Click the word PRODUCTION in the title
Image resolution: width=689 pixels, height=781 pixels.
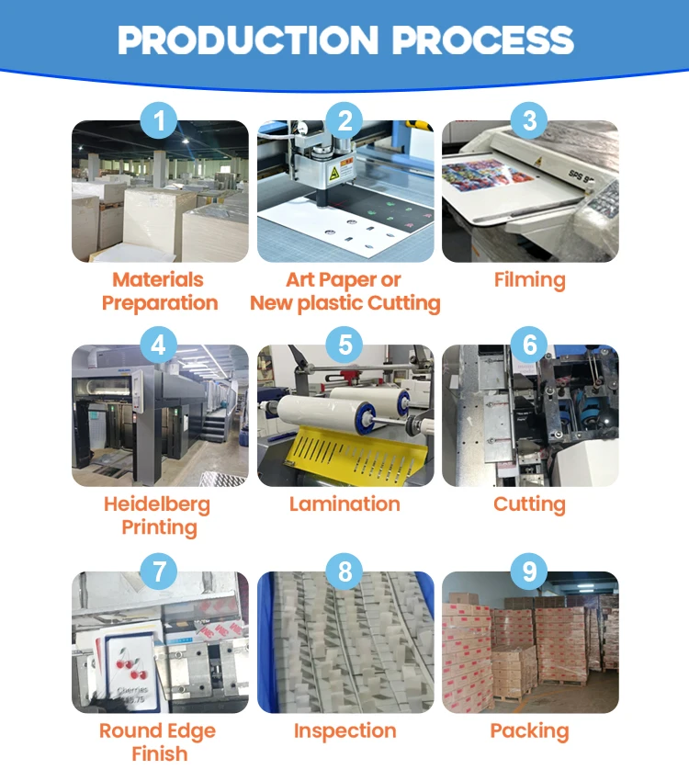click(248, 40)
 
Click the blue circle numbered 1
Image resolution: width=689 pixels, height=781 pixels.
click(160, 120)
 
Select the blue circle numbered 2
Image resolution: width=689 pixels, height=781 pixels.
click(345, 120)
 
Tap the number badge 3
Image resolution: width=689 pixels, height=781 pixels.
click(529, 120)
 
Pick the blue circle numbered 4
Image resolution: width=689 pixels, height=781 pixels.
click(160, 345)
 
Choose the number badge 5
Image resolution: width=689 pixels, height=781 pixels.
click(345, 345)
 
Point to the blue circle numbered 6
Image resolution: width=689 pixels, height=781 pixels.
click(529, 345)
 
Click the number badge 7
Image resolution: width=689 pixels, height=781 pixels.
click(160, 572)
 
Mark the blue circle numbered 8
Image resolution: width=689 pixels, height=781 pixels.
click(345, 572)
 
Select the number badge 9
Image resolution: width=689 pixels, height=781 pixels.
click(529, 572)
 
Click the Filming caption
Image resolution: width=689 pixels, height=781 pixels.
click(529, 279)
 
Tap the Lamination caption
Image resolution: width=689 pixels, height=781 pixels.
click(344, 504)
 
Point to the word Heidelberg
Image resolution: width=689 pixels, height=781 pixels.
click(157, 504)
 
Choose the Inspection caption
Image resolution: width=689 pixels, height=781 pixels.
click(344, 731)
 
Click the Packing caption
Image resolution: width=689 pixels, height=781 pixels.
click(529, 731)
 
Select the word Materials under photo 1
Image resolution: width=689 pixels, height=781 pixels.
click(158, 279)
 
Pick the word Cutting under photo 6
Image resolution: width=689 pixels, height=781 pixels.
click(529, 504)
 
